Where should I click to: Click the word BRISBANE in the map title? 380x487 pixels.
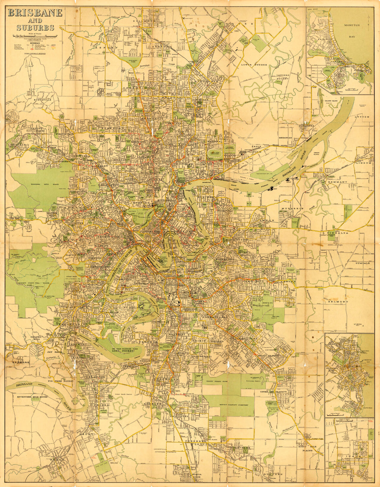click(x=35, y=13)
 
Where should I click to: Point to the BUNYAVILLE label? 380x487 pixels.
click(x=43, y=100)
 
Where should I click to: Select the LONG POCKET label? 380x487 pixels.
click(x=115, y=351)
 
